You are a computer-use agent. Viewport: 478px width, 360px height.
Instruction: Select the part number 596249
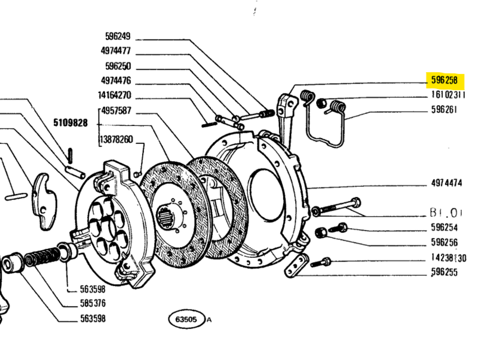coord(117,36)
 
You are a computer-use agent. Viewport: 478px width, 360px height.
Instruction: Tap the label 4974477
coord(115,51)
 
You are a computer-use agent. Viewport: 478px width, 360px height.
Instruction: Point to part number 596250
coord(117,66)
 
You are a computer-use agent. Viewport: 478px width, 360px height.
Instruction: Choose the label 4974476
coord(115,81)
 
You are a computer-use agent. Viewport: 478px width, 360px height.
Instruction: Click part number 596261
coord(444,110)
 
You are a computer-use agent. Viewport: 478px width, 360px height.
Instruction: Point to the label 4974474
coord(446,183)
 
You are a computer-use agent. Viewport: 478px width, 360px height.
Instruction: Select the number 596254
coord(444,227)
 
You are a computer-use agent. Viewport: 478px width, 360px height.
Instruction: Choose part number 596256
coord(444,242)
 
